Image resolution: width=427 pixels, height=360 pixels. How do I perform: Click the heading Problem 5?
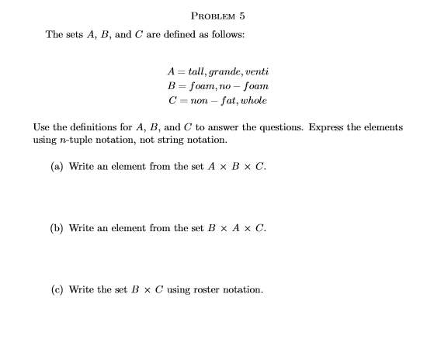(x=217, y=16)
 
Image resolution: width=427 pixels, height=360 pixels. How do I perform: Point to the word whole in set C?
(x=254, y=100)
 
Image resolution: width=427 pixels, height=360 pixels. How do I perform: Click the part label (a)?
(x=57, y=167)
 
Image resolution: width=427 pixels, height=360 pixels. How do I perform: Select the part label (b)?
(x=57, y=228)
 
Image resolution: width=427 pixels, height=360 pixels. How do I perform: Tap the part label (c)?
(x=57, y=289)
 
